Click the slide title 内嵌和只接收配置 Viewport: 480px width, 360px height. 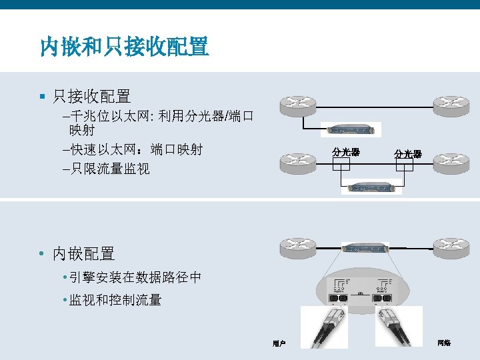coord(124,47)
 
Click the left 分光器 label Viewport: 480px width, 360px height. coord(346,152)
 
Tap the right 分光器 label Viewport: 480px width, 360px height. coord(407,154)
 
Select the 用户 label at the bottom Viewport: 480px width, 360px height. coord(279,343)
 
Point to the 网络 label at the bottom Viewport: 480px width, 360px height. coord(444,343)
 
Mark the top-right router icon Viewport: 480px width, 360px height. coord(453,105)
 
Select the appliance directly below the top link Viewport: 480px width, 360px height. coord(351,130)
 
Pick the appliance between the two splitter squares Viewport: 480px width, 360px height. coord(371,187)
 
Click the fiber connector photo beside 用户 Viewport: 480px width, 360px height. coord(324,327)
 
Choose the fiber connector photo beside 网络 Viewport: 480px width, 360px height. coord(399,326)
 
